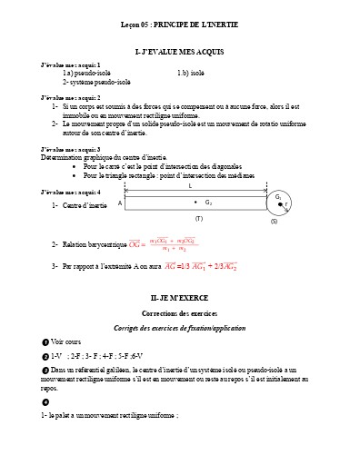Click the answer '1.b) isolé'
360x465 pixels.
coord(191,73)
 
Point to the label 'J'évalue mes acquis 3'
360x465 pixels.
coord(71,148)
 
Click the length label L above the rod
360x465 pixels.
coord(190,186)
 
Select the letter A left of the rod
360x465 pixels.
coord(119,203)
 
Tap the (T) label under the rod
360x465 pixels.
coord(198,219)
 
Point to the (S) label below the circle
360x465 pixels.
coord(274,222)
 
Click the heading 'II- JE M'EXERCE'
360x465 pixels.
coord(179,297)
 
